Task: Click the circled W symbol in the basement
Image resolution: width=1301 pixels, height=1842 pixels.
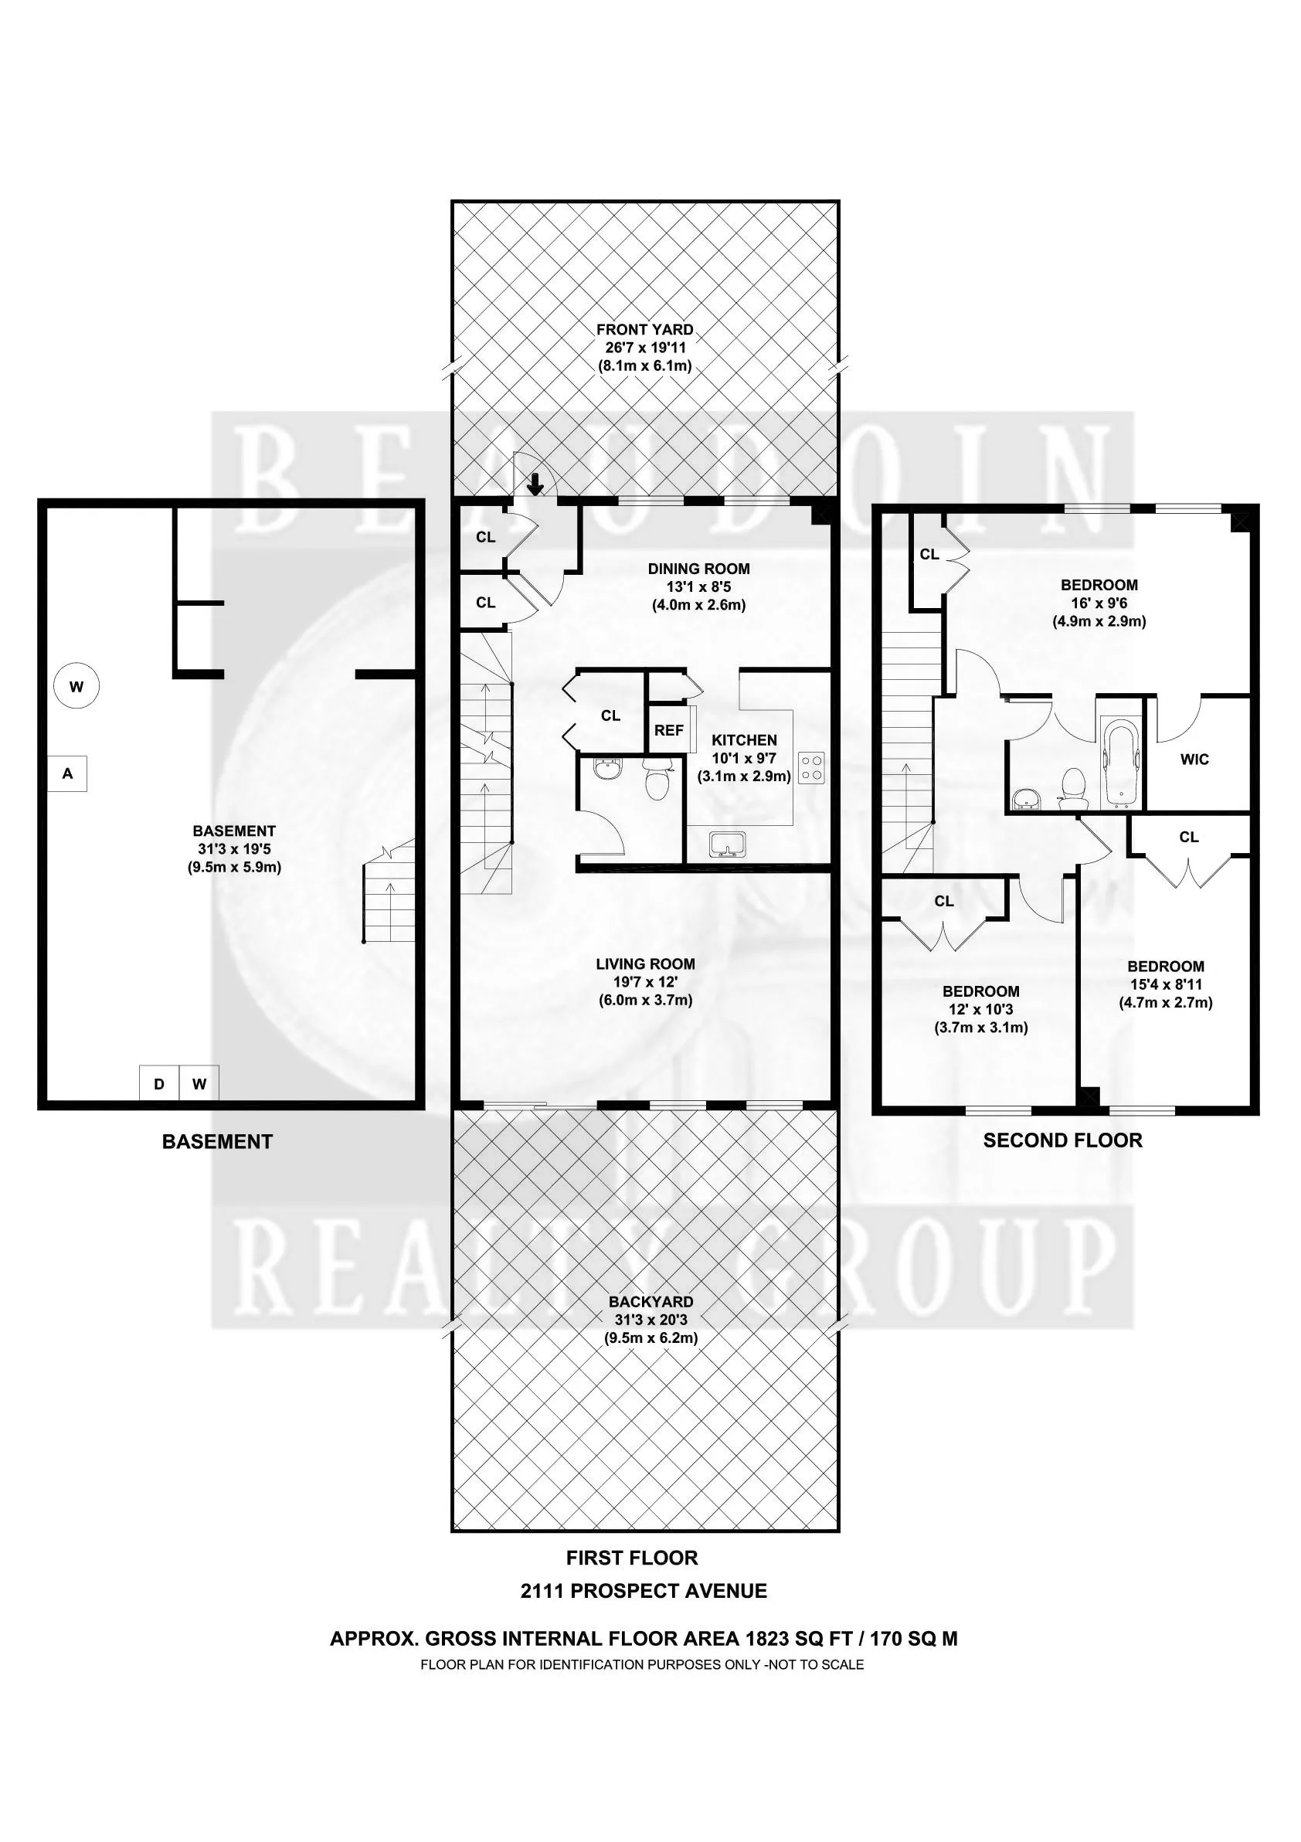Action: coord(76,686)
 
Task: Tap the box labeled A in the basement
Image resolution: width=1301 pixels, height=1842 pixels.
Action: coord(67,774)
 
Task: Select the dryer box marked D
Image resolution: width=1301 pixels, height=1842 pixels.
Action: coord(159,1084)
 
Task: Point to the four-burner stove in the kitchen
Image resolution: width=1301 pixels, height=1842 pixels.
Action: coord(812,767)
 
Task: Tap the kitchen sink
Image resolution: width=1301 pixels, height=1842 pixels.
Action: coord(728,845)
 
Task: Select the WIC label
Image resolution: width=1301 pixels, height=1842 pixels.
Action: coord(1194,759)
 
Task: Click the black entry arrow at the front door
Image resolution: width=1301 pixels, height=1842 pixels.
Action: coord(535,484)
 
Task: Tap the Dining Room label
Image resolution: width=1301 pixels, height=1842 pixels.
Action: coord(698,569)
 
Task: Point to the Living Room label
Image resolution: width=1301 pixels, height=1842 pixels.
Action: coord(645,964)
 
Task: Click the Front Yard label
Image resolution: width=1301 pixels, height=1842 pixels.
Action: coord(644,329)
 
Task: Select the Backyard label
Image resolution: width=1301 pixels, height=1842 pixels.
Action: coord(650,1301)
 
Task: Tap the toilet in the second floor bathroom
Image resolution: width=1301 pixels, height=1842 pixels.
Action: coord(1072,787)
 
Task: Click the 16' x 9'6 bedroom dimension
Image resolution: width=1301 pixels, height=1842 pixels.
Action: coord(1099,603)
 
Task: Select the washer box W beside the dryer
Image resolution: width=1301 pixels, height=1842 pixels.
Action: coord(199,1084)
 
